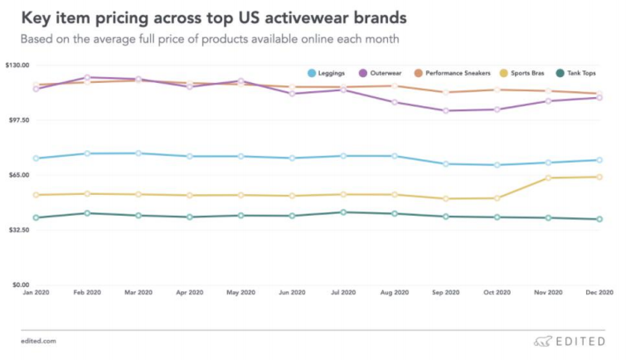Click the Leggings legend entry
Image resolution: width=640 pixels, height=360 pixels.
[328, 74]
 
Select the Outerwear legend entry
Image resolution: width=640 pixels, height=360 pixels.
[381, 74]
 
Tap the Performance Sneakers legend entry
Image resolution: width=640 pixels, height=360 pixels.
[451, 74]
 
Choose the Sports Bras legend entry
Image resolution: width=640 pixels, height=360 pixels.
[528, 74]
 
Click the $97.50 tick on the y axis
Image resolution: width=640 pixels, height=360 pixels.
[17, 120]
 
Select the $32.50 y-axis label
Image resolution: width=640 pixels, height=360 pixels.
[17, 230]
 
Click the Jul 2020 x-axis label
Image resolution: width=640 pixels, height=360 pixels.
[343, 293]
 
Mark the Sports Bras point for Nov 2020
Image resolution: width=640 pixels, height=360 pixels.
[548, 178]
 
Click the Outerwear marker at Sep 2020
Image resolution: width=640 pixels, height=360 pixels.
[446, 110]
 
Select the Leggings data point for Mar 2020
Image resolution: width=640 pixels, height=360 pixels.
[138, 153]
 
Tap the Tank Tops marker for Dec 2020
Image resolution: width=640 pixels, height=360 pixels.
[599, 219]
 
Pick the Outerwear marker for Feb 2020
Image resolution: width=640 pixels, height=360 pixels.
[88, 77]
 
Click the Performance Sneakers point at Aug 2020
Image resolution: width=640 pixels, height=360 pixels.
[395, 86]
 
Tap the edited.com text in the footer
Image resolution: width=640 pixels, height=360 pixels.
[38, 341]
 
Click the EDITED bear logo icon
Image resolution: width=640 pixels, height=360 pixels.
[543, 341]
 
